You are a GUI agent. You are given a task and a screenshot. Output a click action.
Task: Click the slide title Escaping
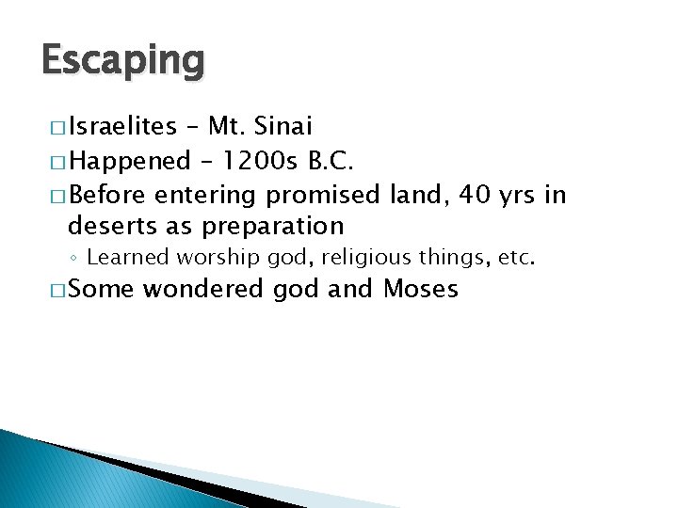(122, 61)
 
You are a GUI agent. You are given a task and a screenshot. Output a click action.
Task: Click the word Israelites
(122, 125)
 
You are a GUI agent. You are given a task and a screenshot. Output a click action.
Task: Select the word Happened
(130, 161)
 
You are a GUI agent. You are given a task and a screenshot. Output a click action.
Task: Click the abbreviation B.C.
(331, 161)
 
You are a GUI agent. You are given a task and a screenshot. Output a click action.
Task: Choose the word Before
(107, 196)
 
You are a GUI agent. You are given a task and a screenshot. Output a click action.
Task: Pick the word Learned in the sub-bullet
(125, 257)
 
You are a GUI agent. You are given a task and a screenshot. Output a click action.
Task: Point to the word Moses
(421, 289)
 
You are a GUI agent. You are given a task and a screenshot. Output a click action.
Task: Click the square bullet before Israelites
(53, 127)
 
